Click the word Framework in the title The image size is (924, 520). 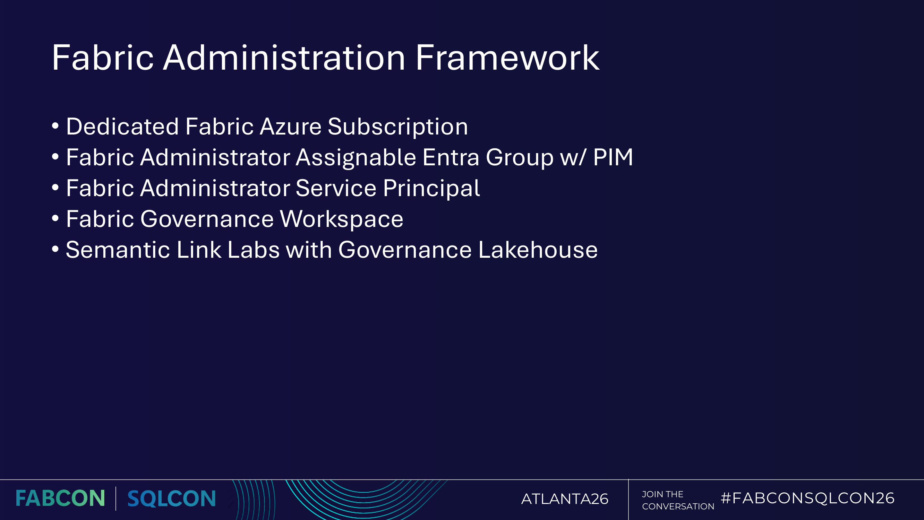point(507,58)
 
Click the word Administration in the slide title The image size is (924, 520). point(284,58)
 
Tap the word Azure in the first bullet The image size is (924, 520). point(291,127)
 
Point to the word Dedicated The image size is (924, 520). point(122,127)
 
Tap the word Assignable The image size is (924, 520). point(355,158)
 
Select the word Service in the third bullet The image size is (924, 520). point(336,188)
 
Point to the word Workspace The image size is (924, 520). point(341,220)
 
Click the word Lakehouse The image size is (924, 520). point(538,250)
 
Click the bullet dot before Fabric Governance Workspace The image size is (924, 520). point(55,219)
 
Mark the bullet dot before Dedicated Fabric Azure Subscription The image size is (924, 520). point(55,126)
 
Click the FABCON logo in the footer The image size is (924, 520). point(60,499)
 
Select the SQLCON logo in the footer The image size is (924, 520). point(171,499)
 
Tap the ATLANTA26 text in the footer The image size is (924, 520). point(565,499)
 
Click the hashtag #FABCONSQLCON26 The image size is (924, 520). point(807,498)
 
